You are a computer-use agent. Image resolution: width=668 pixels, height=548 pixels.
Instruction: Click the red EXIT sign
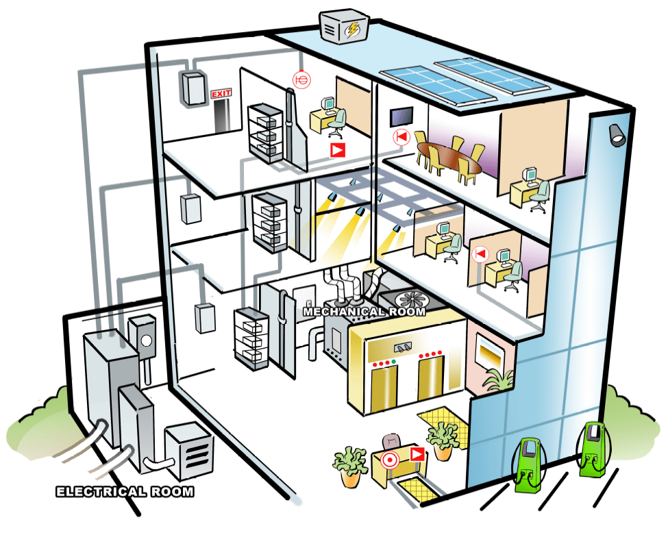point(221,94)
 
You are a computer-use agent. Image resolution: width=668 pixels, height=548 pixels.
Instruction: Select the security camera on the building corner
point(617,134)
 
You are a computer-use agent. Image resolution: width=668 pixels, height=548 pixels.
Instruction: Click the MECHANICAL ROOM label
point(364,312)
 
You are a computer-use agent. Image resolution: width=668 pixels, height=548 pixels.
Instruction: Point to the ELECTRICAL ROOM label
point(124,492)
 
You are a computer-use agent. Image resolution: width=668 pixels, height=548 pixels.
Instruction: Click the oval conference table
point(449,157)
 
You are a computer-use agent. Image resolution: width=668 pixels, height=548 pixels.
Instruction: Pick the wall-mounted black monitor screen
point(401,117)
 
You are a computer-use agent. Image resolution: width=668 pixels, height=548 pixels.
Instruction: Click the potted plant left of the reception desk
point(350,464)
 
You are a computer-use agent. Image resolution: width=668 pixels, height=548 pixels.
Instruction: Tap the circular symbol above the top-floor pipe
point(301,80)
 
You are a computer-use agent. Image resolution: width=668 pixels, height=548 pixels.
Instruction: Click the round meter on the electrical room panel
point(145,339)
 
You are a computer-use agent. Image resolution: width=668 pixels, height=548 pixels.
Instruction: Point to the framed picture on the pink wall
point(493,352)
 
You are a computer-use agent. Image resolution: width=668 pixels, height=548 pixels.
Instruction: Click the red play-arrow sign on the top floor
point(337,149)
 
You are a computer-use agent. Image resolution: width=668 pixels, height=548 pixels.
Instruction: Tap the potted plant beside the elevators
point(443,439)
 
